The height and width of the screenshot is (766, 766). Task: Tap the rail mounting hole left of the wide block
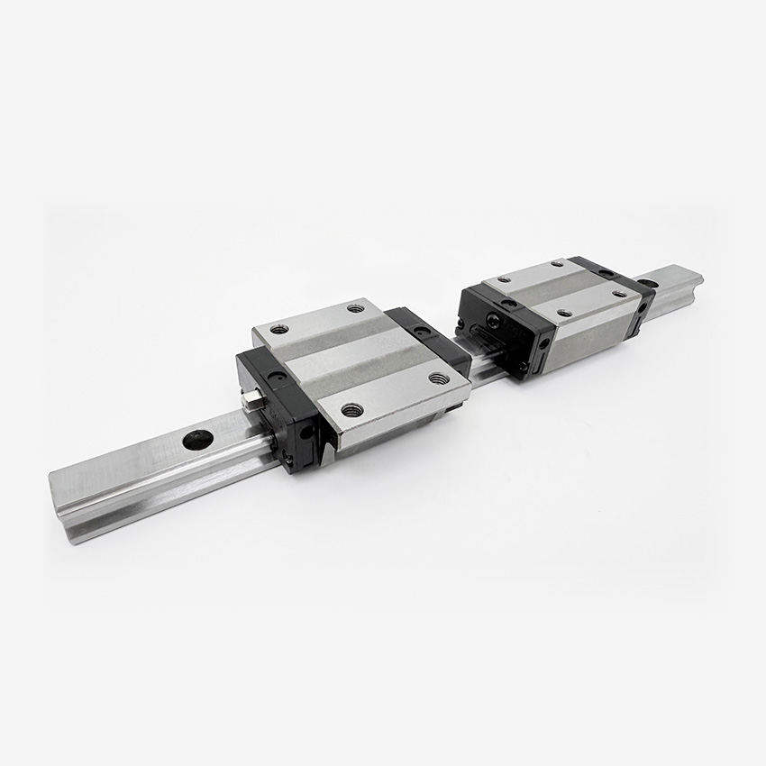198,440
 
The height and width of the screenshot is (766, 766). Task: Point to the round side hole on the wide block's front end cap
307,432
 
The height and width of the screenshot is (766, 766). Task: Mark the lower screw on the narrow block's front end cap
524,366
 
